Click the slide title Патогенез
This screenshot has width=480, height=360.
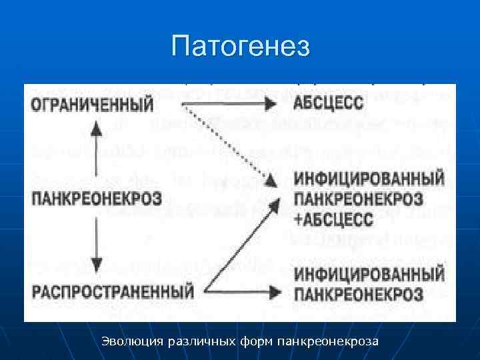point(240,47)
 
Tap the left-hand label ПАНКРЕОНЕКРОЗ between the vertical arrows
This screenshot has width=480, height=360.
point(97,197)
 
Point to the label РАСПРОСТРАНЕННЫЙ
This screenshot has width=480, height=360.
point(112,290)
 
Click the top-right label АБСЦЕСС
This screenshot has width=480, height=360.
point(328,104)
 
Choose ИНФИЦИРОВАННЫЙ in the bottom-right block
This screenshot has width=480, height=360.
point(369,274)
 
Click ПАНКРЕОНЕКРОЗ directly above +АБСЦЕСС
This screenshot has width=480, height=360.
point(358,198)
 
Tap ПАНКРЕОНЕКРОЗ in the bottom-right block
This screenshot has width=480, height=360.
point(358,293)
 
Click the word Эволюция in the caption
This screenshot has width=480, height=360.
point(133,341)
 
